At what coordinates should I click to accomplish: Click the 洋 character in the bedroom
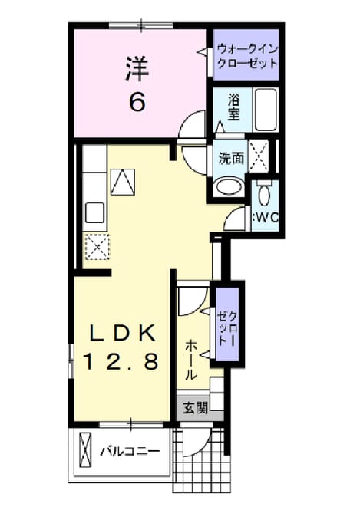pyautogui.click(x=137, y=69)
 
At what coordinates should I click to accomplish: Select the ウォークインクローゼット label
pyautogui.click(x=247, y=56)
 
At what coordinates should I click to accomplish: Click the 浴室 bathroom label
pyautogui.click(x=233, y=107)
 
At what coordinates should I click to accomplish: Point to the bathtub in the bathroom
pyautogui.click(x=266, y=110)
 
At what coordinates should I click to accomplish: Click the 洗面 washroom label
pyautogui.click(x=231, y=158)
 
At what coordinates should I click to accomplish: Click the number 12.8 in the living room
pyautogui.click(x=121, y=361)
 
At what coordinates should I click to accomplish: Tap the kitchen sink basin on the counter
pyautogui.click(x=94, y=212)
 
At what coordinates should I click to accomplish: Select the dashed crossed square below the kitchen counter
pyautogui.click(x=97, y=247)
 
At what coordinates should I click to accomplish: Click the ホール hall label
pyautogui.click(x=191, y=360)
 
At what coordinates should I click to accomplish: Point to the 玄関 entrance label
pyautogui.click(x=195, y=408)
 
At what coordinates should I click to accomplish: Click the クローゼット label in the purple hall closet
pyautogui.click(x=227, y=328)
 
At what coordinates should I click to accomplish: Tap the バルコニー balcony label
pyautogui.click(x=130, y=452)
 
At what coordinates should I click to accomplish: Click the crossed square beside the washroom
pyautogui.click(x=259, y=156)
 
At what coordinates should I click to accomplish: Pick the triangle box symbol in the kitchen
pyautogui.click(x=123, y=182)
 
